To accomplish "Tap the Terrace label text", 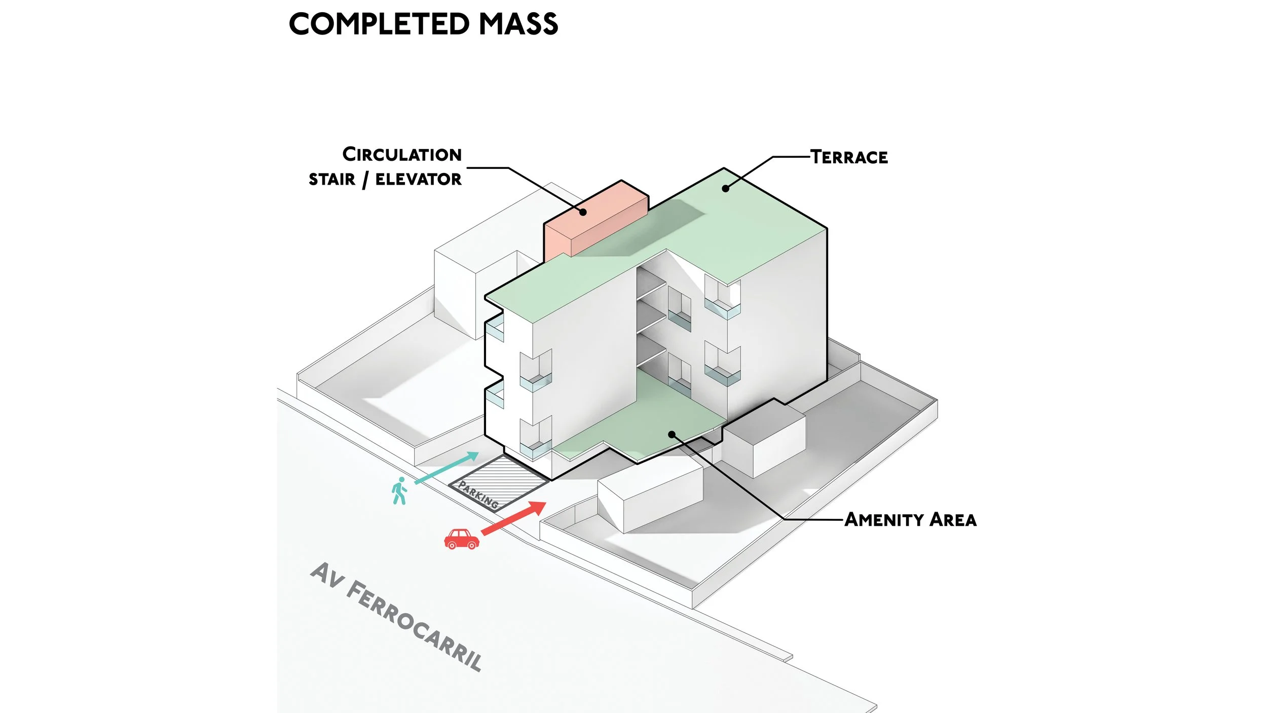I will point(849,157).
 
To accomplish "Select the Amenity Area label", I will point(910,520).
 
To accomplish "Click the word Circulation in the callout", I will point(402,155).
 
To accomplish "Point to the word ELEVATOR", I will point(419,179).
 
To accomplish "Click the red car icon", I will point(461,539).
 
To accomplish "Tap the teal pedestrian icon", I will point(399,491).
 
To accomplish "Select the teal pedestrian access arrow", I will point(446,468).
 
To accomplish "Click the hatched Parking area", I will point(499,482).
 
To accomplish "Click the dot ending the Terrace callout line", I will point(725,189).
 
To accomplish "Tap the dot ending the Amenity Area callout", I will point(672,435).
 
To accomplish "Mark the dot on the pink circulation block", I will point(583,212).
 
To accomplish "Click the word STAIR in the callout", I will point(332,180).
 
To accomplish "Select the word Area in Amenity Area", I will point(953,520).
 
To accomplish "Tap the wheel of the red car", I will point(452,546).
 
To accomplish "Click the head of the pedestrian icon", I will point(401,480).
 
